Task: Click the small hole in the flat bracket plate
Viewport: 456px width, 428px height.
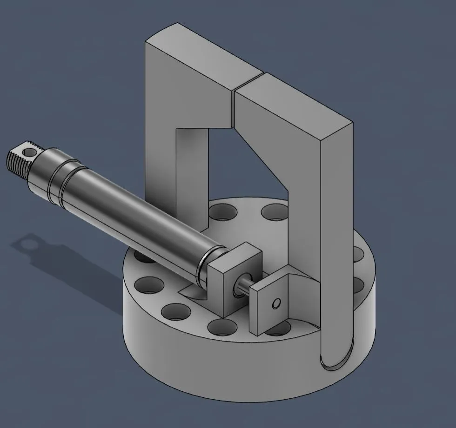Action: (276, 303)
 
